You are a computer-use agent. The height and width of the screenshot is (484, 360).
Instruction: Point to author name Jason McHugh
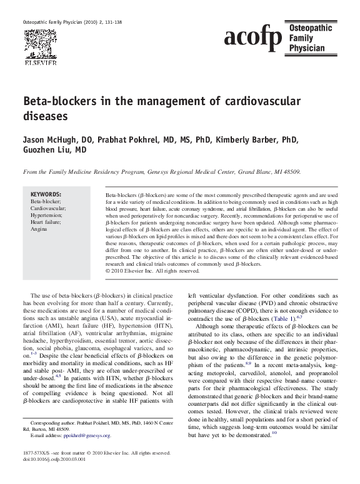[51, 139]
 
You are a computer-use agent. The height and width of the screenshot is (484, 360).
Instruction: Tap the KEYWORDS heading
[46, 194]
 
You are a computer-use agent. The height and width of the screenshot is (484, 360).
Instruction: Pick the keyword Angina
[39, 229]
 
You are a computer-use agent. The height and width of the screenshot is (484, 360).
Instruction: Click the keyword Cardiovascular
[49, 209]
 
